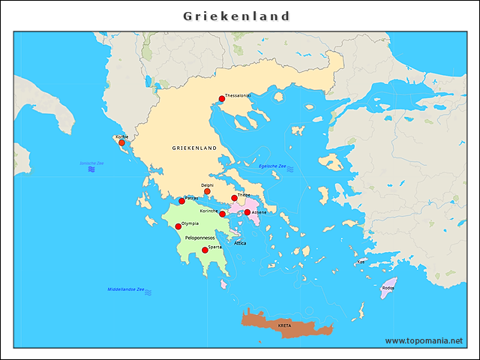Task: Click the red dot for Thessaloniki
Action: pyautogui.click(x=222, y=99)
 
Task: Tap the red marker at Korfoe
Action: pyautogui.click(x=121, y=142)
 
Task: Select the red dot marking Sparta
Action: pyautogui.click(x=205, y=250)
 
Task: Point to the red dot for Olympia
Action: pyautogui.click(x=178, y=226)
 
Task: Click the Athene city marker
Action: pyautogui.click(x=247, y=212)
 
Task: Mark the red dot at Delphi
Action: pyautogui.click(x=207, y=191)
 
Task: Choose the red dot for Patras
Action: pyautogui.click(x=181, y=201)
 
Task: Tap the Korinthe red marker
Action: pyautogui.click(x=222, y=214)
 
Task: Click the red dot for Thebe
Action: pyautogui.click(x=234, y=198)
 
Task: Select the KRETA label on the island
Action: pyautogui.click(x=284, y=326)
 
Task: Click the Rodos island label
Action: pyautogui.click(x=388, y=287)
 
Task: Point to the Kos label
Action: pyautogui.click(x=361, y=262)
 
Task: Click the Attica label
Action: pyautogui.click(x=240, y=243)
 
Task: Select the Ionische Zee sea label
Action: pyautogui.click(x=91, y=163)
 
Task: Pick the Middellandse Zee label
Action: pyautogui.click(x=126, y=289)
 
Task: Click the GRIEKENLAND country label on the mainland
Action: pyautogui.click(x=194, y=148)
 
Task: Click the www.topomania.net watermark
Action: pyautogui.click(x=424, y=340)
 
